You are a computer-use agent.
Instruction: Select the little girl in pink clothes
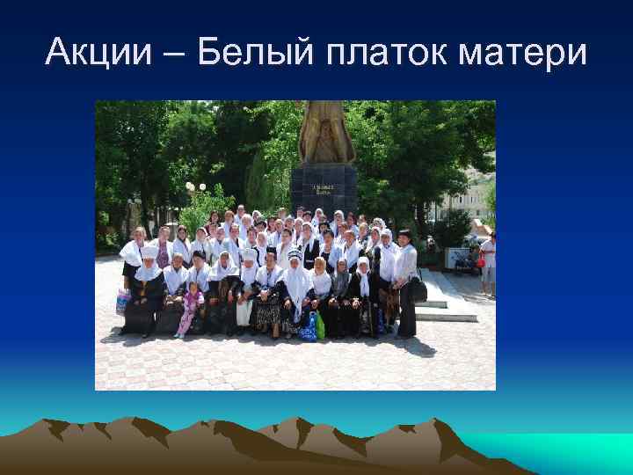click(x=187, y=309)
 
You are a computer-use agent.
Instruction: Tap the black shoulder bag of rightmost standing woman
click(x=418, y=289)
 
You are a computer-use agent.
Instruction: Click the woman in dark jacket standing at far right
click(x=404, y=281)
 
